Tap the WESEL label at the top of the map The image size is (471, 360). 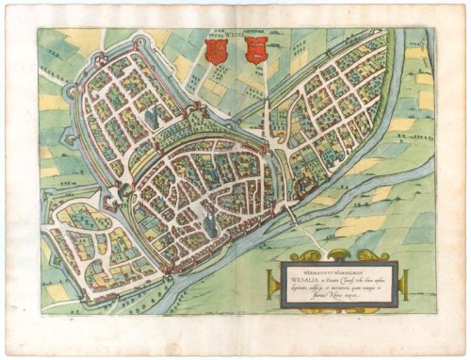[x=235, y=34]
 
